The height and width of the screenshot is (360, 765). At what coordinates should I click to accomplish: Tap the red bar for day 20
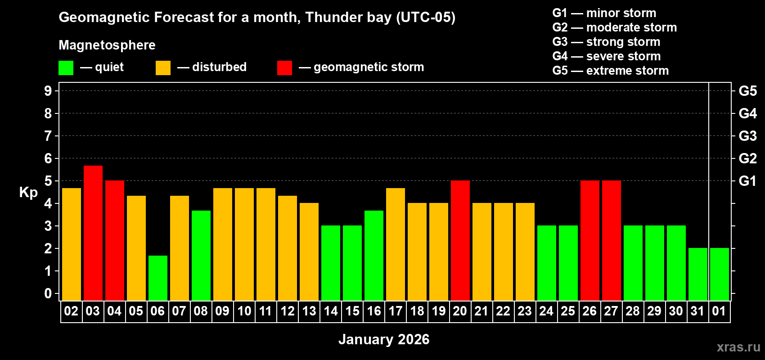tap(460, 240)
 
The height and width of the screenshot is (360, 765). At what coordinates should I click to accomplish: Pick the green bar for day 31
tap(698, 274)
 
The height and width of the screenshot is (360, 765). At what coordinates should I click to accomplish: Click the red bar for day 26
tap(590, 240)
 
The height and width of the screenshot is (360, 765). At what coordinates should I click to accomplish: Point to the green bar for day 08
tap(201, 255)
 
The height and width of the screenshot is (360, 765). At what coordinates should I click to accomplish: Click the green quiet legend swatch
tap(66, 68)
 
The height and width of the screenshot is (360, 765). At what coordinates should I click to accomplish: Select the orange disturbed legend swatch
tap(163, 68)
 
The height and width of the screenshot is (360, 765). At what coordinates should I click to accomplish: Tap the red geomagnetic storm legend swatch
tap(284, 68)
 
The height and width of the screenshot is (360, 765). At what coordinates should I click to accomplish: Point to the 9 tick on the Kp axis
tap(48, 91)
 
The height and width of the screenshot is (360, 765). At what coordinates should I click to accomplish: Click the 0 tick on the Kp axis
tap(48, 293)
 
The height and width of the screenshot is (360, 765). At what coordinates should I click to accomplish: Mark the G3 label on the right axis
tap(747, 136)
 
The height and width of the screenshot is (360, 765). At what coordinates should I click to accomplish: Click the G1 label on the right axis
tap(747, 181)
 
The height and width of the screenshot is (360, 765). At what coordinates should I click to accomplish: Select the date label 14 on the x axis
tap(331, 311)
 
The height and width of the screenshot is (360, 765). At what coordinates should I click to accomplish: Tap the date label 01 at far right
tap(719, 311)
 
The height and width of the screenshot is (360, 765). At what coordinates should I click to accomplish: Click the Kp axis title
tap(28, 192)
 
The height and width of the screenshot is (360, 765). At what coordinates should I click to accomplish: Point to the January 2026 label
tap(384, 339)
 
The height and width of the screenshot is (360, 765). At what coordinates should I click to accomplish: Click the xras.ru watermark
tap(738, 346)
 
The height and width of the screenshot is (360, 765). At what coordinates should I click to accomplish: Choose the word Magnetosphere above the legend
tap(107, 45)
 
